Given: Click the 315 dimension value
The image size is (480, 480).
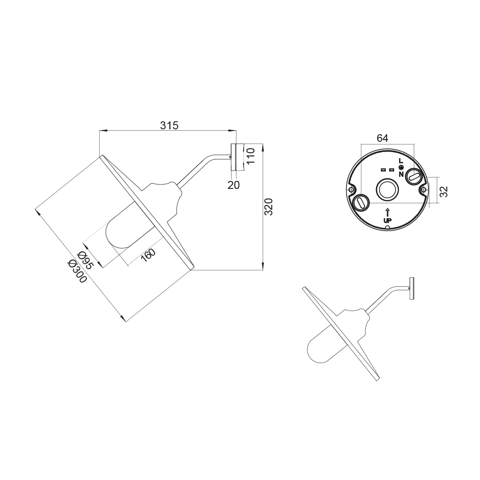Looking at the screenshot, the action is click(x=169, y=125).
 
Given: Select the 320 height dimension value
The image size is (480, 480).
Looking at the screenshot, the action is click(x=268, y=207).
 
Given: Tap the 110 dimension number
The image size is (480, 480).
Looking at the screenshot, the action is click(x=251, y=156).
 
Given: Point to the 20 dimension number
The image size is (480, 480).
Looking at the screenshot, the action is click(x=234, y=185).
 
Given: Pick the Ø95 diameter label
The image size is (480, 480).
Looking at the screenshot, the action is click(x=85, y=260).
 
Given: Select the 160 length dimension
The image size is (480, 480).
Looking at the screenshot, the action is click(x=148, y=255).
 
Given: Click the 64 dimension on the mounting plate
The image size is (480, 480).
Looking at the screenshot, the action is click(x=382, y=138).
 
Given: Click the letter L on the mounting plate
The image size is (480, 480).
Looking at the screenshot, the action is click(x=401, y=161).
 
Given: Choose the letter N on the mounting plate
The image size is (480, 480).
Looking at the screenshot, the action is click(x=401, y=174).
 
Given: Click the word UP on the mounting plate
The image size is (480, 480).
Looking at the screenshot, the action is click(x=388, y=220).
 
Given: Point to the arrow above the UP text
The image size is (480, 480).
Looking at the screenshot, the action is click(x=388, y=212).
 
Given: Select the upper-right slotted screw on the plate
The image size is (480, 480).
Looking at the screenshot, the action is click(x=414, y=177).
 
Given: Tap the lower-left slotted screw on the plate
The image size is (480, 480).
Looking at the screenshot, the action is click(x=361, y=203).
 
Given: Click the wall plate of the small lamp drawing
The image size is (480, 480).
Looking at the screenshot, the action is click(x=412, y=288).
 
